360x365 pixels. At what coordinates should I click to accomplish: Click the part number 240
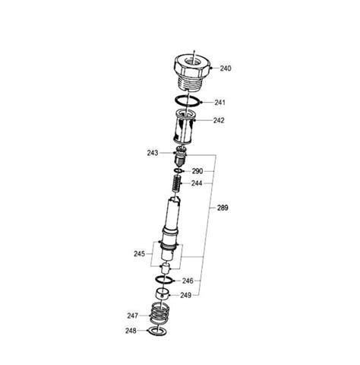226,68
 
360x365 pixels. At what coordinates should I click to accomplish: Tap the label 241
219,103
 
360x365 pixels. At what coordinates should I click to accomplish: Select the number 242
218,119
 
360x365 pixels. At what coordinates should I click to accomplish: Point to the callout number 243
153,154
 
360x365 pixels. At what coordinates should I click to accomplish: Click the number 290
197,171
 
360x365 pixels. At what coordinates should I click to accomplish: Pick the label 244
197,183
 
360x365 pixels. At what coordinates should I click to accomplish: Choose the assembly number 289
223,207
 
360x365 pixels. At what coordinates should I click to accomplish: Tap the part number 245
139,255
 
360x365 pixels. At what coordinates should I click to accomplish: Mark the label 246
187,281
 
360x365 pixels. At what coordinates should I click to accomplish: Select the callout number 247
133,314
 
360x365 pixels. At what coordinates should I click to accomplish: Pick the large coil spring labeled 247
158,314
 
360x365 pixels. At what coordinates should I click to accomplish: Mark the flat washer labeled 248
156,332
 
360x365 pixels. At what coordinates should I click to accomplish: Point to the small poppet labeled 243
180,157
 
